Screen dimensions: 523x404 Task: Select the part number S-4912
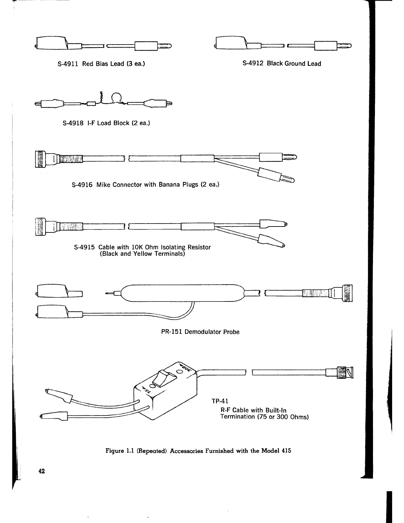point(253,63)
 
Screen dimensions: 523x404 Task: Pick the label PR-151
point(172,332)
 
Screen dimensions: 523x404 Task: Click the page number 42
point(42,471)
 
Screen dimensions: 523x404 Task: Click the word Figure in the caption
point(114,451)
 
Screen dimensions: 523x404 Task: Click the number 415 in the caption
point(286,451)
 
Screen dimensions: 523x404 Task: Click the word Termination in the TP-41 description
point(236,417)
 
